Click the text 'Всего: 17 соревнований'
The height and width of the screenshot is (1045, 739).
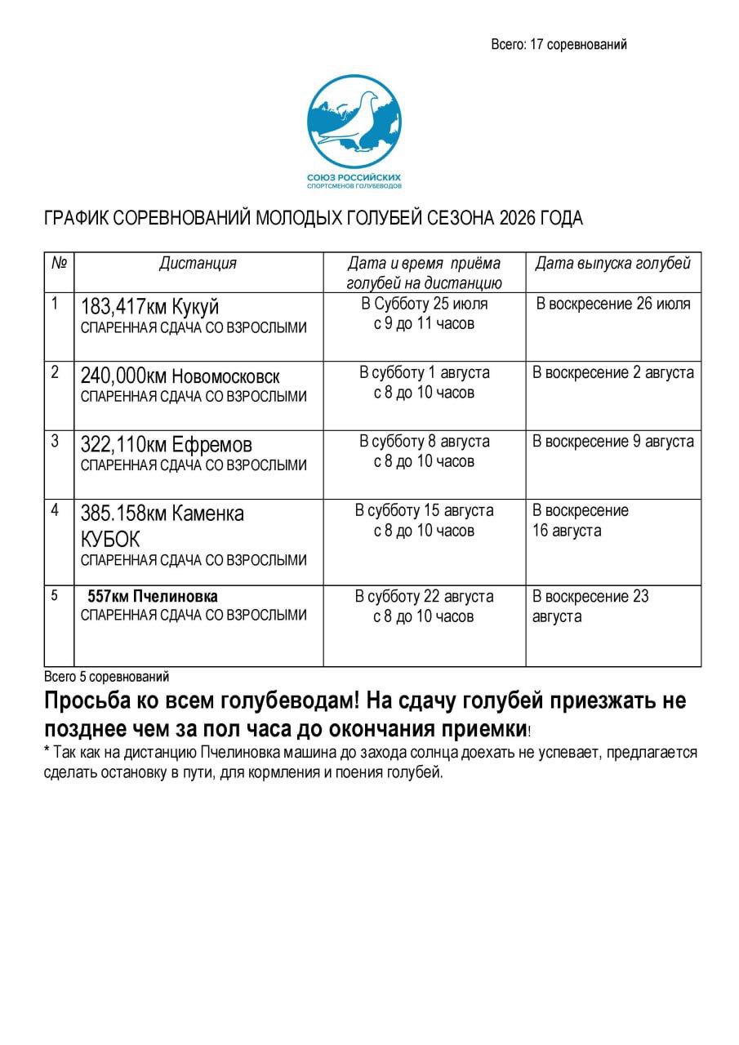click(559, 45)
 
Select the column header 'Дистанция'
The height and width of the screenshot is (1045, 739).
click(198, 263)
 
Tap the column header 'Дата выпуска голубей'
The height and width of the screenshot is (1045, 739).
click(612, 263)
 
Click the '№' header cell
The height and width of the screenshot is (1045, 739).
click(59, 263)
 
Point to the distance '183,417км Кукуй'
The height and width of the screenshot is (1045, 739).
click(150, 307)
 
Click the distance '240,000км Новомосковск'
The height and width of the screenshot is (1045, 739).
click(180, 376)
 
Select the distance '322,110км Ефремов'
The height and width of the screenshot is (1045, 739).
click(166, 445)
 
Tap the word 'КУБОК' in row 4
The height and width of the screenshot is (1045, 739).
click(110, 540)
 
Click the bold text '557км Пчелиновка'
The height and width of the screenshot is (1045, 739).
click(152, 596)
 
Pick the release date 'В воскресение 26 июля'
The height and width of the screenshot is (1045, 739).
click(613, 304)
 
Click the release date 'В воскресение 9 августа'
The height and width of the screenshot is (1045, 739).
click(613, 441)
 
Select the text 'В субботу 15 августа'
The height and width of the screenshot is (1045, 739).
click(424, 510)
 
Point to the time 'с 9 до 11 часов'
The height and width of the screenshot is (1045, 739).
click(424, 323)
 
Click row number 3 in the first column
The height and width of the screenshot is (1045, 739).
click(55, 441)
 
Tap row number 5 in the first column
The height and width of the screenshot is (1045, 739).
click(55, 595)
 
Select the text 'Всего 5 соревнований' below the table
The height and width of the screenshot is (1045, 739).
click(106, 676)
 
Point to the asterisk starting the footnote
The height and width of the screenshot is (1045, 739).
click(47, 751)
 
